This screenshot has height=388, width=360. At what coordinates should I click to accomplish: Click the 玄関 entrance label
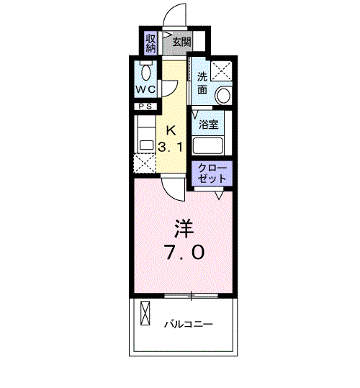coord(181,42)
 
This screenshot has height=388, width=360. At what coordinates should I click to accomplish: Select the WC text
coord(145,89)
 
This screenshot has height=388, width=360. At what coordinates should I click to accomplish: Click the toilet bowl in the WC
coord(146,72)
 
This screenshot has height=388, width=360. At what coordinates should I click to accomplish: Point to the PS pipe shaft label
coord(145,107)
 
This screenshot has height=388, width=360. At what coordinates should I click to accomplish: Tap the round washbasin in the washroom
coord(223,95)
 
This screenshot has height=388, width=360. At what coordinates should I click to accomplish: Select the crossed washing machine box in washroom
coord(221,71)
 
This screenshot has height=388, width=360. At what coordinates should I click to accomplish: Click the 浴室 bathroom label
coord(209,125)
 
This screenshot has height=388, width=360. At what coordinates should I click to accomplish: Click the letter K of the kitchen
coord(171,130)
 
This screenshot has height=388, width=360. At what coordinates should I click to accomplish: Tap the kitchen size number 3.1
coord(171,148)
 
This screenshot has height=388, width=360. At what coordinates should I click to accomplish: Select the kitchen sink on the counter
coord(147,145)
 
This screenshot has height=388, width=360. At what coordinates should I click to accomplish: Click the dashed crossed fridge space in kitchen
coord(145,163)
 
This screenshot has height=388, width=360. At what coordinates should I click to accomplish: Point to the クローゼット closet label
coord(212,173)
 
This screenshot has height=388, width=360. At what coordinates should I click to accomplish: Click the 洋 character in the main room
coord(184,229)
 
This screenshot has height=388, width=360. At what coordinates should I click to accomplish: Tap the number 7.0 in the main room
coord(185,253)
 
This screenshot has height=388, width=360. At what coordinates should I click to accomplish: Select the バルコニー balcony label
coord(189,324)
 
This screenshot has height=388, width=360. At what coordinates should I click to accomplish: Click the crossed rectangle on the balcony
coord(145,312)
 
